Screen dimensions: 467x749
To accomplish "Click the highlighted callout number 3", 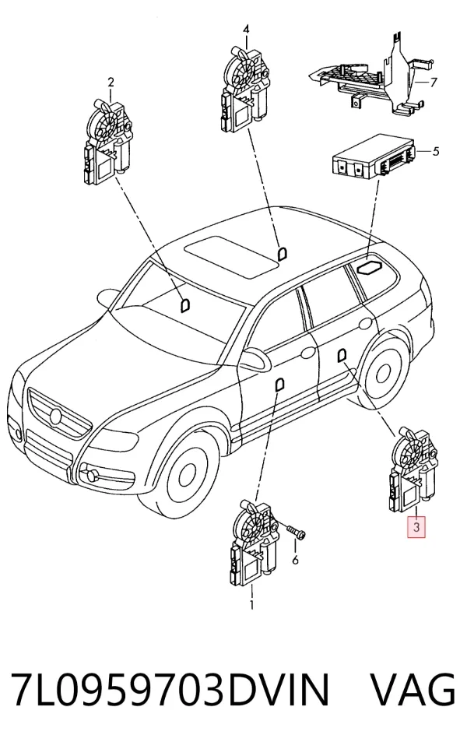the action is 416,527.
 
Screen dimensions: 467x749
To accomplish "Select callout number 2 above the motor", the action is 111,83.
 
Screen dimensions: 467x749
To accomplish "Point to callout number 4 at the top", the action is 246,29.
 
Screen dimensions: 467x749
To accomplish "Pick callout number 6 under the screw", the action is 295,559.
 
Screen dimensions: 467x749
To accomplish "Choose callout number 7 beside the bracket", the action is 434,83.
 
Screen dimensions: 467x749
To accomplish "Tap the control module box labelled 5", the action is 374,156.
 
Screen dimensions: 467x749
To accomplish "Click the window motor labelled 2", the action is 107,142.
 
